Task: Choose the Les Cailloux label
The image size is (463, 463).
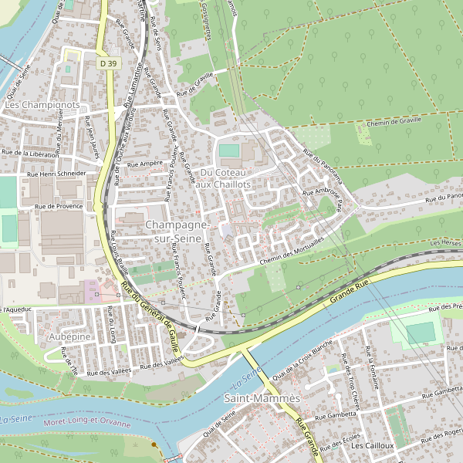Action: (x=372, y=446)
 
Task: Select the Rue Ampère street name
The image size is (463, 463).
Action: (x=144, y=164)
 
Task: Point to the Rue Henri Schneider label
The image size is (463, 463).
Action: (x=57, y=174)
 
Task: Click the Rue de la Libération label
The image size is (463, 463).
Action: (x=32, y=154)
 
